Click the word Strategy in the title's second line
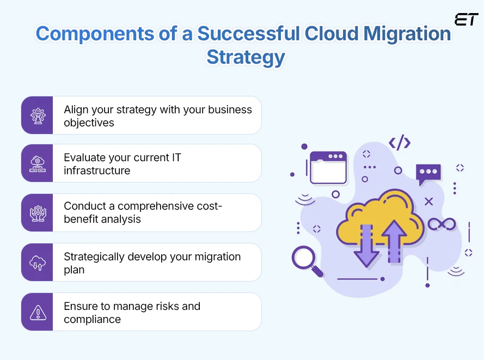tap(246, 57)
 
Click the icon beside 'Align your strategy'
tap(38, 115)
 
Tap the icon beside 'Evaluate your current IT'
tap(38, 163)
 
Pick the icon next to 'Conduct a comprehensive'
tap(38, 212)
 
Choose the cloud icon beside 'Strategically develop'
tap(38, 262)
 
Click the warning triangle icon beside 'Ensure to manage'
tap(38, 312)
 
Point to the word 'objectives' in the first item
tap(89, 123)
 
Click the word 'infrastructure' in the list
tap(97, 170)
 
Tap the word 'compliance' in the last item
tap(92, 319)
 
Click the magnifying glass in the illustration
tap(306, 260)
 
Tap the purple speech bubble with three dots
tap(428, 174)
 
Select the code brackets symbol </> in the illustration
tap(399, 143)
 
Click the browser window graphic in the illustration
tap(328, 167)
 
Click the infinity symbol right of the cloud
tap(442, 224)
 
